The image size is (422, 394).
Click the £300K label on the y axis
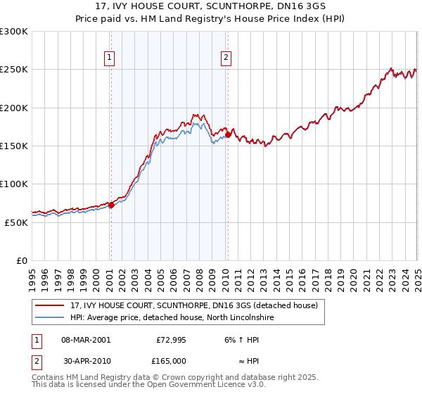tap(14, 32)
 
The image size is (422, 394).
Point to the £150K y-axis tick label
tap(14, 146)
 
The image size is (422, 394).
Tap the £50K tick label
tap(16, 222)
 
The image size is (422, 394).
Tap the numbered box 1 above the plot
tap(110, 58)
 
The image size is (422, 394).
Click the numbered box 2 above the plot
tap(226, 58)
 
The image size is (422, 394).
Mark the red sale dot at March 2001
tap(111, 205)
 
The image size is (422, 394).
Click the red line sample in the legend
tap(51, 305)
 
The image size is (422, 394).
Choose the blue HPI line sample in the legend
tap(51, 317)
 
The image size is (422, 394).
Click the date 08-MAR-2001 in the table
tap(86, 339)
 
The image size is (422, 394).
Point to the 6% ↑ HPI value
tap(242, 339)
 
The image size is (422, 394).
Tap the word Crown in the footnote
tap(172, 377)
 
